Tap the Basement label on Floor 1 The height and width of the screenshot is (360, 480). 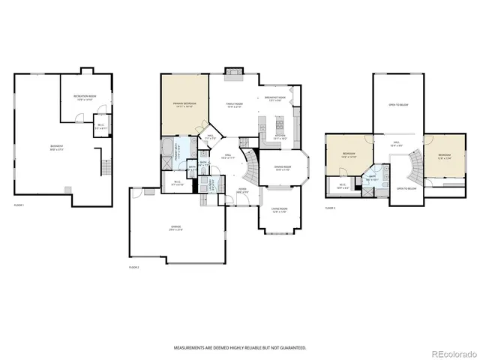coord(56,147)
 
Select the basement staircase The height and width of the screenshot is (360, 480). coord(105,163)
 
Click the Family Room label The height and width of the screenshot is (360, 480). coord(235,105)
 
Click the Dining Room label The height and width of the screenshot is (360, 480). coord(283,169)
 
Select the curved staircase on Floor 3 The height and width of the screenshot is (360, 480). coord(411,160)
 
